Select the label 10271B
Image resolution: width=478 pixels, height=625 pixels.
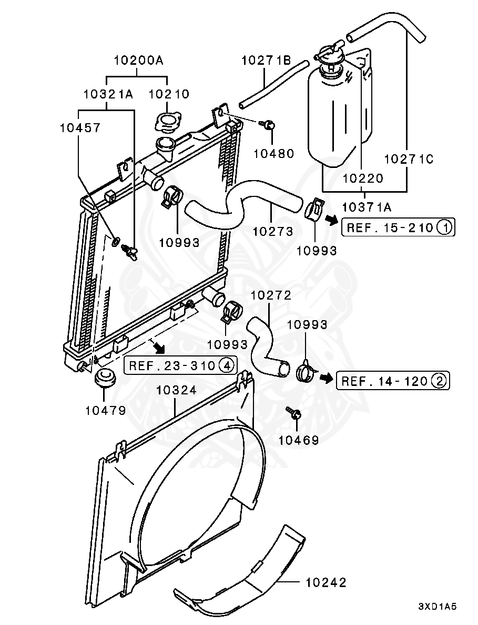(x=266, y=61)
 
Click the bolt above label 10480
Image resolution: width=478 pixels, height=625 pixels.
(x=269, y=125)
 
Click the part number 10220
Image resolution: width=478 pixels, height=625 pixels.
(x=363, y=178)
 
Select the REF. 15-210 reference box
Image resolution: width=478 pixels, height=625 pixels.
(x=398, y=227)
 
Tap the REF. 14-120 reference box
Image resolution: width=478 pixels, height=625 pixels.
(x=393, y=381)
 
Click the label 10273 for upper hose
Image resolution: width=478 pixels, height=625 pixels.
(x=273, y=231)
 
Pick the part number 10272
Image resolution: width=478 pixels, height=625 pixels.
(x=271, y=295)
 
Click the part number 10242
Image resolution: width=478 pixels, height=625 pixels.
(x=326, y=582)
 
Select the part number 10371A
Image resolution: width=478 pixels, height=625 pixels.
(x=367, y=207)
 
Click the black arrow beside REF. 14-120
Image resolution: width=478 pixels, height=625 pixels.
(x=327, y=378)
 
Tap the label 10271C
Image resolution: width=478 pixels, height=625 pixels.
(x=409, y=159)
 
